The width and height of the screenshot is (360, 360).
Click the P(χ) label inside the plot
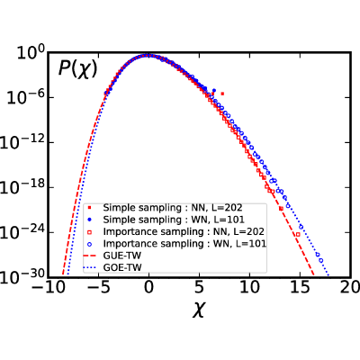78,69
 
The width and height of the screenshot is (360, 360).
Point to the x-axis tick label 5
199,287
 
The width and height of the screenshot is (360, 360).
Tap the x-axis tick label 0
148,287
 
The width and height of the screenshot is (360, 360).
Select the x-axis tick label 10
249,287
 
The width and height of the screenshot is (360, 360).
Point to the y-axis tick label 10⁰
31,54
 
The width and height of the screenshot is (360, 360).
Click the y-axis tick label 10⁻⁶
25,98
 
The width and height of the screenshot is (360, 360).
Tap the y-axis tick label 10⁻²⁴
22,233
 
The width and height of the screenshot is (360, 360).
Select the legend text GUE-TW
121,256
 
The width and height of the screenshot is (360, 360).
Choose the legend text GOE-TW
122,267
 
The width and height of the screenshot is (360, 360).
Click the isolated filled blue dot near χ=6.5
214,90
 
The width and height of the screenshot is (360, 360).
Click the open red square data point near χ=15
298,234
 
